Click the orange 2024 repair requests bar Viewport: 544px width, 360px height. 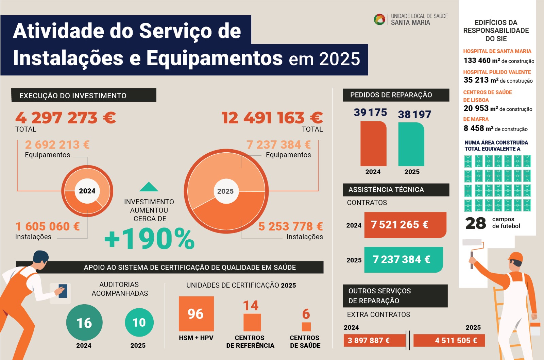point(373,144)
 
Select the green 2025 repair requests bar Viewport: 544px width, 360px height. point(411,144)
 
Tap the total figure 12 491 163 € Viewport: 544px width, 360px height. point(272,118)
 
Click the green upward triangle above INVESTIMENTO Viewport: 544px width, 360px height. point(149,187)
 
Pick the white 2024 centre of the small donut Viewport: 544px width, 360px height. point(87,191)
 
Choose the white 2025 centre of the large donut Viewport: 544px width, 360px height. point(225,191)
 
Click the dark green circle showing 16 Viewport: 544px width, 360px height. point(84,323)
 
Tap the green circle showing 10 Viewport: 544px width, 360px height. point(139,322)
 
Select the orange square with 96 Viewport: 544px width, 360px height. point(196,314)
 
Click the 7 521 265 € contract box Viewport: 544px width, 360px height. point(405,225)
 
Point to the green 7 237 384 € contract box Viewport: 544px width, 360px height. point(403,260)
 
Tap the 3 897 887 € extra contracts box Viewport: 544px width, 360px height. point(375,340)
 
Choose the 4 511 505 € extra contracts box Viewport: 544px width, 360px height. point(449,340)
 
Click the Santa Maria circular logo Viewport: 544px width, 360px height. point(379,19)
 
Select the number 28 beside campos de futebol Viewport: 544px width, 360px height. point(476,223)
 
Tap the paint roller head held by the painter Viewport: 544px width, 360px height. point(472,242)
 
